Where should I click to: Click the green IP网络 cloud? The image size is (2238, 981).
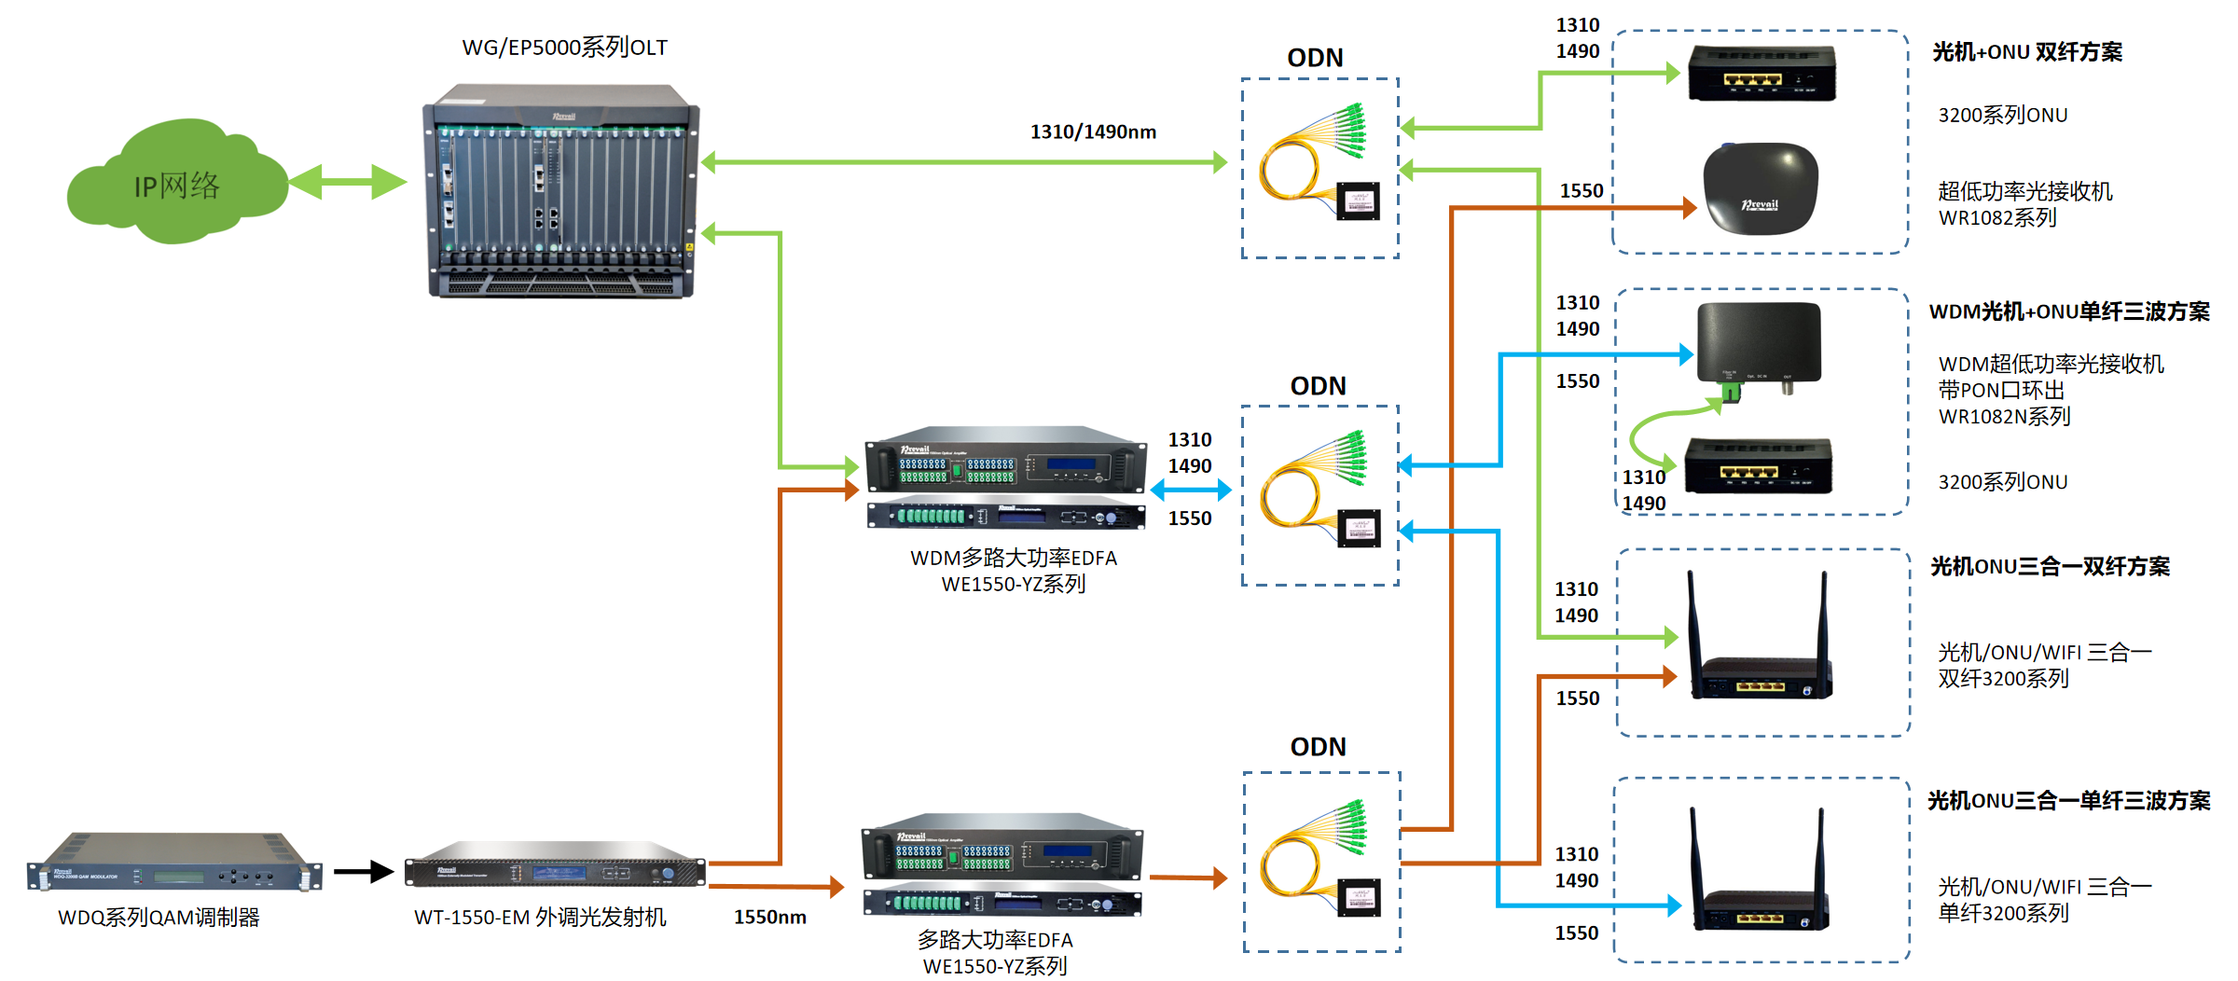177,185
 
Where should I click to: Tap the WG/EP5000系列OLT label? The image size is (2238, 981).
564,48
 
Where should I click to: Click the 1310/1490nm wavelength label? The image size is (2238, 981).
1093,132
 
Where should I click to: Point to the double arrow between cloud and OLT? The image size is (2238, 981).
347,182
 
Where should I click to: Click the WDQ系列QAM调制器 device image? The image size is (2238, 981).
174,864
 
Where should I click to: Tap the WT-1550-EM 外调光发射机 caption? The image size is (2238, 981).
540,918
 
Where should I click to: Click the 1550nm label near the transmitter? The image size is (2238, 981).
769,918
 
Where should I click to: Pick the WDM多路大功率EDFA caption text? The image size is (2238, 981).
1014,559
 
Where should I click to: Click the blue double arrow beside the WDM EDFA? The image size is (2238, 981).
1191,490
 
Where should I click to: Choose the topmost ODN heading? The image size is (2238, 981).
1315,59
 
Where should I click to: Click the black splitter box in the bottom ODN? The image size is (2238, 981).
1359,897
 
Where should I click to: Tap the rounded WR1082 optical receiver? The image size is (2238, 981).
1761,188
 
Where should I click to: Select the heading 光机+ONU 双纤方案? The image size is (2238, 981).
2026,52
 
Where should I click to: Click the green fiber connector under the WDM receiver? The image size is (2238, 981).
1731,393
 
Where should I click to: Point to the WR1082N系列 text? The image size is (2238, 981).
2004,417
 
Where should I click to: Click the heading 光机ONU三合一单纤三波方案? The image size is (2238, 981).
2068,801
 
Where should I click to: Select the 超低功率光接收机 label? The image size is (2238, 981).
2024,192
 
